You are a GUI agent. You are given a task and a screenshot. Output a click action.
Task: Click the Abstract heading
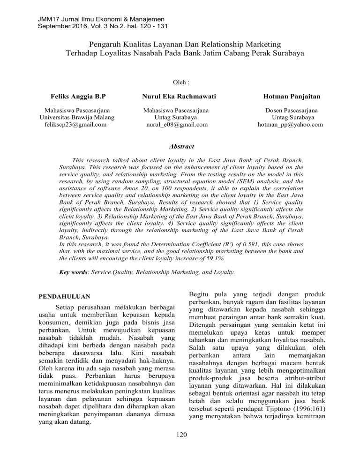180,147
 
